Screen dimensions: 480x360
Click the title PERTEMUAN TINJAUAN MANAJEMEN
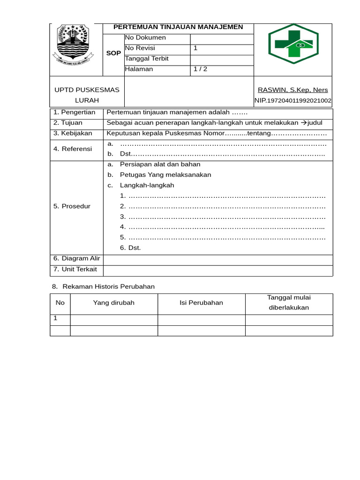pos(178,27)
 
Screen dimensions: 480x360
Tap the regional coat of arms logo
pos(73,45)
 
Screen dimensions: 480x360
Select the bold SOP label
pos(113,53)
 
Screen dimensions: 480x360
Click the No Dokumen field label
pos(145,37)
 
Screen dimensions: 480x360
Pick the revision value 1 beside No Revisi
pos(195,48)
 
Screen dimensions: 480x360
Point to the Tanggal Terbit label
pos(147,59)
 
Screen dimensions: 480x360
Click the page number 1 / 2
pos(200,69)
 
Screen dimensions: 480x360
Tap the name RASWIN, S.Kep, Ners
pos(293,90)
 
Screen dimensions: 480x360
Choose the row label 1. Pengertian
pos(75,112)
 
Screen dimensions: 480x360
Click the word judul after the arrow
pos(315,123)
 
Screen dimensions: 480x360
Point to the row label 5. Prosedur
pos(72,206)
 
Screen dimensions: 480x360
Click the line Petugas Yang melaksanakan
pos(165,175)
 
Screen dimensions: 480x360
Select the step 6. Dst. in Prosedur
pos(130,248)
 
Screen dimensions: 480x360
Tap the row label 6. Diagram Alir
pos(76,259)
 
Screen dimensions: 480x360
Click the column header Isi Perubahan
pos(201,303)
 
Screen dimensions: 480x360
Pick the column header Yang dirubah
pos(113,303)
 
